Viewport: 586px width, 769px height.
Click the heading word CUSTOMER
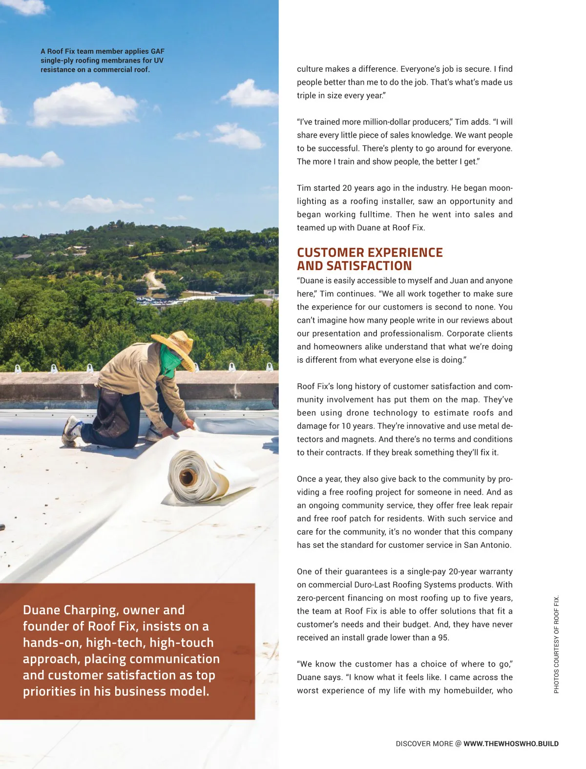coord(330,252)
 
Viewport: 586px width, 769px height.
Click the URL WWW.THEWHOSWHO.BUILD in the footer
coord(511,744)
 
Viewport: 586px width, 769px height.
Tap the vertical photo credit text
coord(556,644)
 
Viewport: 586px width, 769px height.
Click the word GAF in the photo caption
coord(157,51)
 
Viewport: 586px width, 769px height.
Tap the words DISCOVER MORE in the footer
coord(424,744)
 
